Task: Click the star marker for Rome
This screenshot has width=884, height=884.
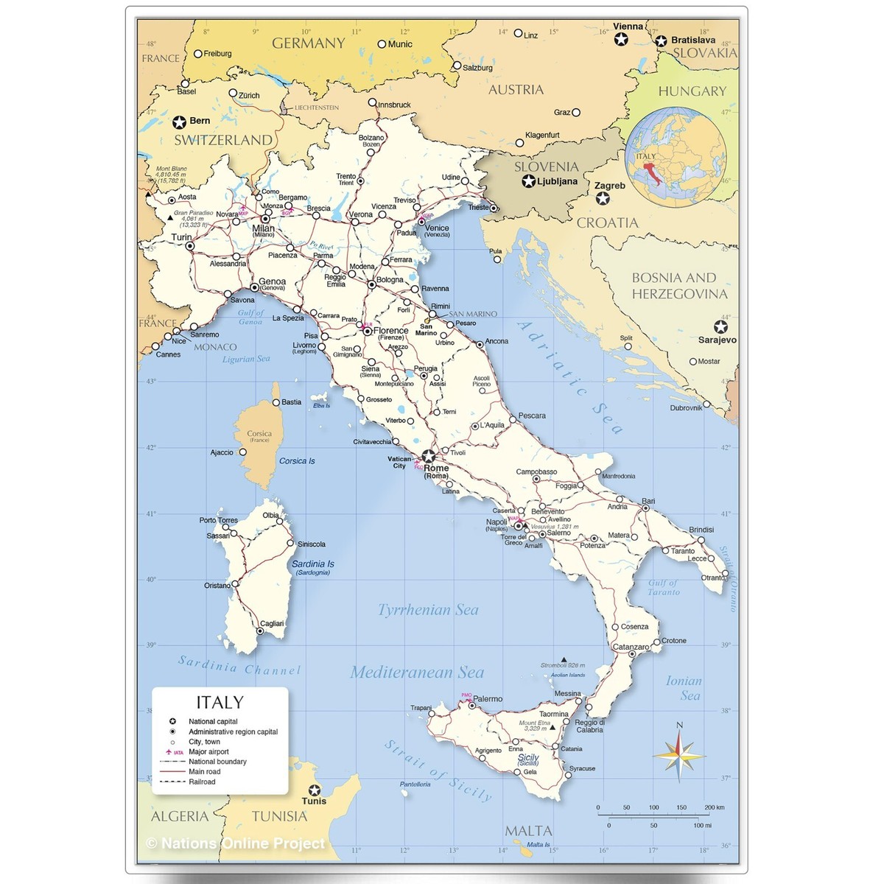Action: click(x=428, y=456)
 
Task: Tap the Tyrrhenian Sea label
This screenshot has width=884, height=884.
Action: click(x=428, y=610)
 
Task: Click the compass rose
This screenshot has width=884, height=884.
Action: click(x=679, y=751)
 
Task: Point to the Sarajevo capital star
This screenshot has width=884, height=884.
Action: click(x=720, y=326)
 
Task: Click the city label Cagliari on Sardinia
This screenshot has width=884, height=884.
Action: click(x=272, y=623)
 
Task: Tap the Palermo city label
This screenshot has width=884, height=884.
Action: click(x=488, y=698)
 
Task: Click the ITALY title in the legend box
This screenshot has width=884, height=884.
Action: click(x=220, y=702)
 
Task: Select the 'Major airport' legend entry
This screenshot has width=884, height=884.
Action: click(x=208, y=751)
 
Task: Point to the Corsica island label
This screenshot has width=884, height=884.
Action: click(x=259, y=434)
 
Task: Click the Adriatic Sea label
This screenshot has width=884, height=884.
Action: click(x=569, y=376)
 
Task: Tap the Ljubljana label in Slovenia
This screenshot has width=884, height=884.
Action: click(x=558, y=181)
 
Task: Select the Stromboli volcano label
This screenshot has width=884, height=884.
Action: click(x=563, y=665)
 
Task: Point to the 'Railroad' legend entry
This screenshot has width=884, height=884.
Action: click(x=202, y=782)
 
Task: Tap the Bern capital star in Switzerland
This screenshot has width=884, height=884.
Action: click(x=179, y=122)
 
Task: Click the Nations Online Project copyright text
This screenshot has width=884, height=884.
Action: click(x=236, y=843)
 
